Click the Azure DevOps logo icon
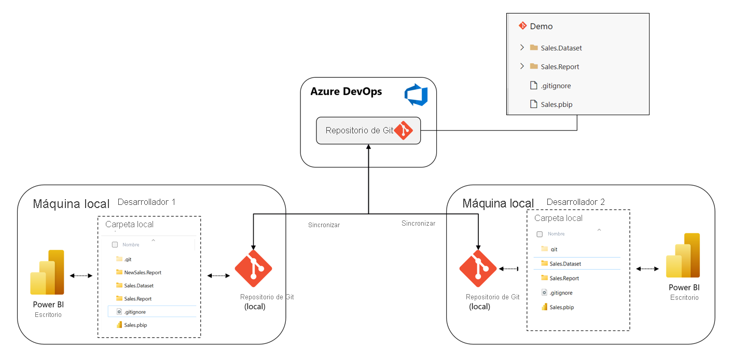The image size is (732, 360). (x=416, y=96)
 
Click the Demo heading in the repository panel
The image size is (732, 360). (x=541, y=26)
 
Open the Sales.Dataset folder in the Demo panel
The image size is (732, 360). (x=561, y=48)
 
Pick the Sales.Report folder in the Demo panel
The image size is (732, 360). (x=560, y=67)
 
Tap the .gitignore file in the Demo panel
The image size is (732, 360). (x=555, y=86)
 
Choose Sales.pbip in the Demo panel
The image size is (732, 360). (x=556, y=105)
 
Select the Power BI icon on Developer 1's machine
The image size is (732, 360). (x=48, y=273)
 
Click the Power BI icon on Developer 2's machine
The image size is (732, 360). (x=684, y=256)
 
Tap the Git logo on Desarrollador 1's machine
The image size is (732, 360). (x=253, y=269)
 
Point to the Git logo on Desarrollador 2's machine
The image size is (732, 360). (x=478, y=269)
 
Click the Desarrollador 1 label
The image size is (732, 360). (x=146, y=202)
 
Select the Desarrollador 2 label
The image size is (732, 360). (x=575, y=202)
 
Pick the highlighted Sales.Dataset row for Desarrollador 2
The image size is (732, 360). (x=564, y=264)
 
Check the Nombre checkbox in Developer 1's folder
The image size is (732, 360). (x=115, y=245)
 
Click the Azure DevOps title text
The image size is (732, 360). (x=346, y=92)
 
